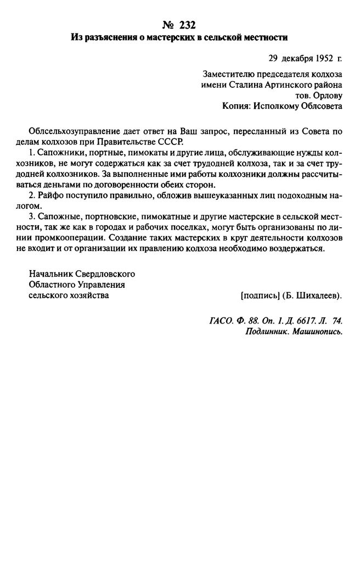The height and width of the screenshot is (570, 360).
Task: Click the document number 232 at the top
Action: tap(187, 25)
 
